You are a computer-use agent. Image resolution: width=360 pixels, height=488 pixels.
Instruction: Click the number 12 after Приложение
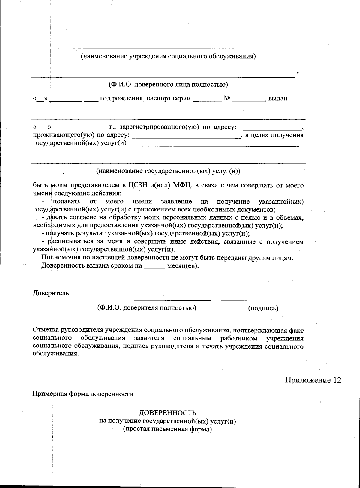pyautogui.click(x=337, y=380)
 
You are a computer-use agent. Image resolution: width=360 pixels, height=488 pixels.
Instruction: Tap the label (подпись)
pyautogui.click(x=263, y=308)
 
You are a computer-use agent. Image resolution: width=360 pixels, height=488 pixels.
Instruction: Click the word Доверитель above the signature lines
pyautogui.click(x=51, y=293)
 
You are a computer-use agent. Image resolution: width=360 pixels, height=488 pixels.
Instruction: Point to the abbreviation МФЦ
pyautogui.click(x=182, y=185)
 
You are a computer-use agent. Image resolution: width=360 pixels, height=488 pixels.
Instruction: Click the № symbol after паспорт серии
pyautogui.click(x=227, y=98)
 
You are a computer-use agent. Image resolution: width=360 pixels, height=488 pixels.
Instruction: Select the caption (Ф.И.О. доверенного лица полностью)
pyautogui.click(x=168, y=85)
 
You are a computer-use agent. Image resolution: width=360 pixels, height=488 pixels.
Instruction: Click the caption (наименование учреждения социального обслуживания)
pyautogui.click(x=168, y=56)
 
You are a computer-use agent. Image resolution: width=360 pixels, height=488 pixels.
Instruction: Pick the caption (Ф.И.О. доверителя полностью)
pyautogui.click(x=147, y=308)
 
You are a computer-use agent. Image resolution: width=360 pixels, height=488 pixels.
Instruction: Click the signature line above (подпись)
pyautogui.click(x=263, y=300)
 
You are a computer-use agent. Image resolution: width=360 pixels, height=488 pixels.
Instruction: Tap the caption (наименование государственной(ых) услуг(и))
pyautogui.click(x=168, y=171)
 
